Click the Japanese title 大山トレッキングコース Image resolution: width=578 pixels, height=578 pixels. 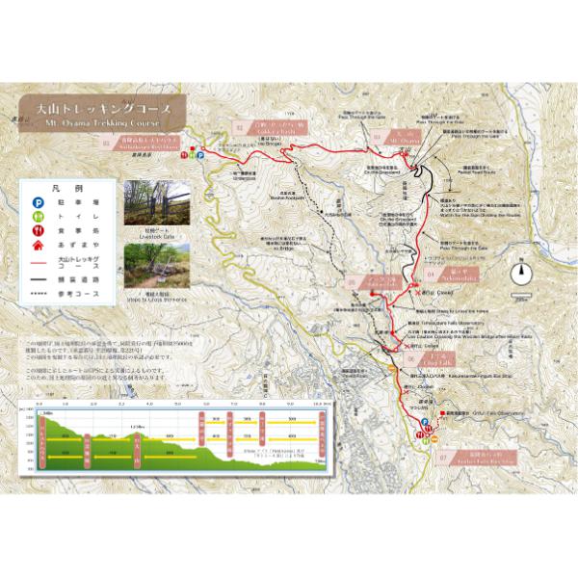tap(105, 109)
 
